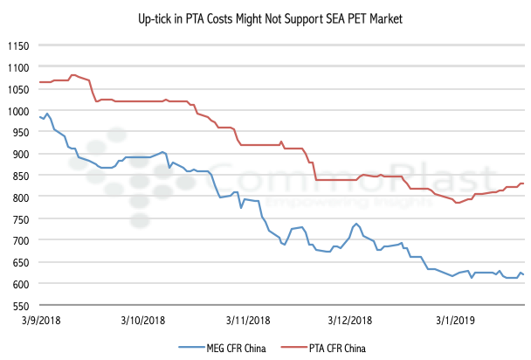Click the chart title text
click(265, 18)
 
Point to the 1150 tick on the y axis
click(17, 45)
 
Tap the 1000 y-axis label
click(17, 111)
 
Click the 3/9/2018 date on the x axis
click(39, 321)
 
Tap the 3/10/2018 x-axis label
click(144, 321)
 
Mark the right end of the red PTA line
click(523, 183)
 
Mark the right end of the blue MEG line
click(523, 275)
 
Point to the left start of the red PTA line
click(39, 82)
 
